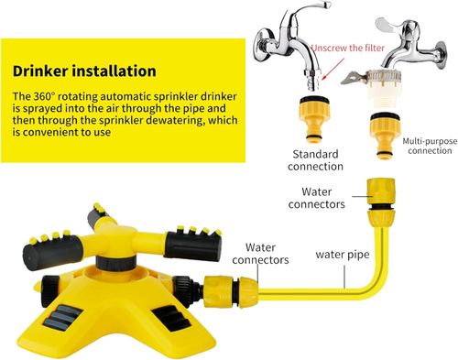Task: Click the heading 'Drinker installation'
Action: [84, 71]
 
